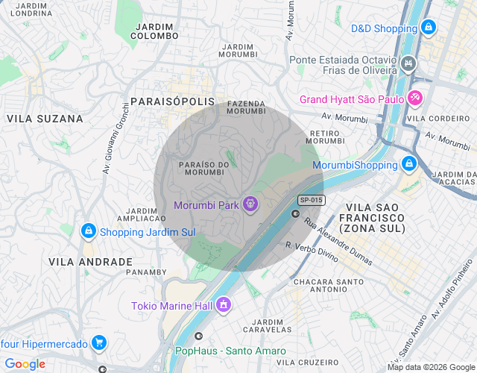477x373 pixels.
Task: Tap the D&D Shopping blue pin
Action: [x=428, y=28]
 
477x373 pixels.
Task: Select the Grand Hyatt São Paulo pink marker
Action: [x=415, y=98]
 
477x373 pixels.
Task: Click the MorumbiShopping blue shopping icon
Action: [x=408, y=163]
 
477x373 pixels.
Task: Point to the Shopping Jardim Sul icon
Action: [x=89, y=231]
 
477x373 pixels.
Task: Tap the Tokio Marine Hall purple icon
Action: [x=223, y=304]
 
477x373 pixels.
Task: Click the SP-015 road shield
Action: [x=311, y=200]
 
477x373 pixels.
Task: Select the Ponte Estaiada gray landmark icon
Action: [x=408, y=63]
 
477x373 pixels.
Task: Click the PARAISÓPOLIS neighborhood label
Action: [x=172, y=101]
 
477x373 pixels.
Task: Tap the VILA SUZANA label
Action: [x=45, y=119]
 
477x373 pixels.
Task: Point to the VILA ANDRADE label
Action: [x=90, y=262]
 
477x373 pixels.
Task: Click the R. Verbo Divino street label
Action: [x=312, y=251]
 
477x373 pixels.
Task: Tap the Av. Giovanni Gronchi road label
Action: [x=117, y=139]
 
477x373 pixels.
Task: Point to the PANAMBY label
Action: [x=147, y=272]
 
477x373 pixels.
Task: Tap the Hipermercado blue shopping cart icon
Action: [x=99, y=343]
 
